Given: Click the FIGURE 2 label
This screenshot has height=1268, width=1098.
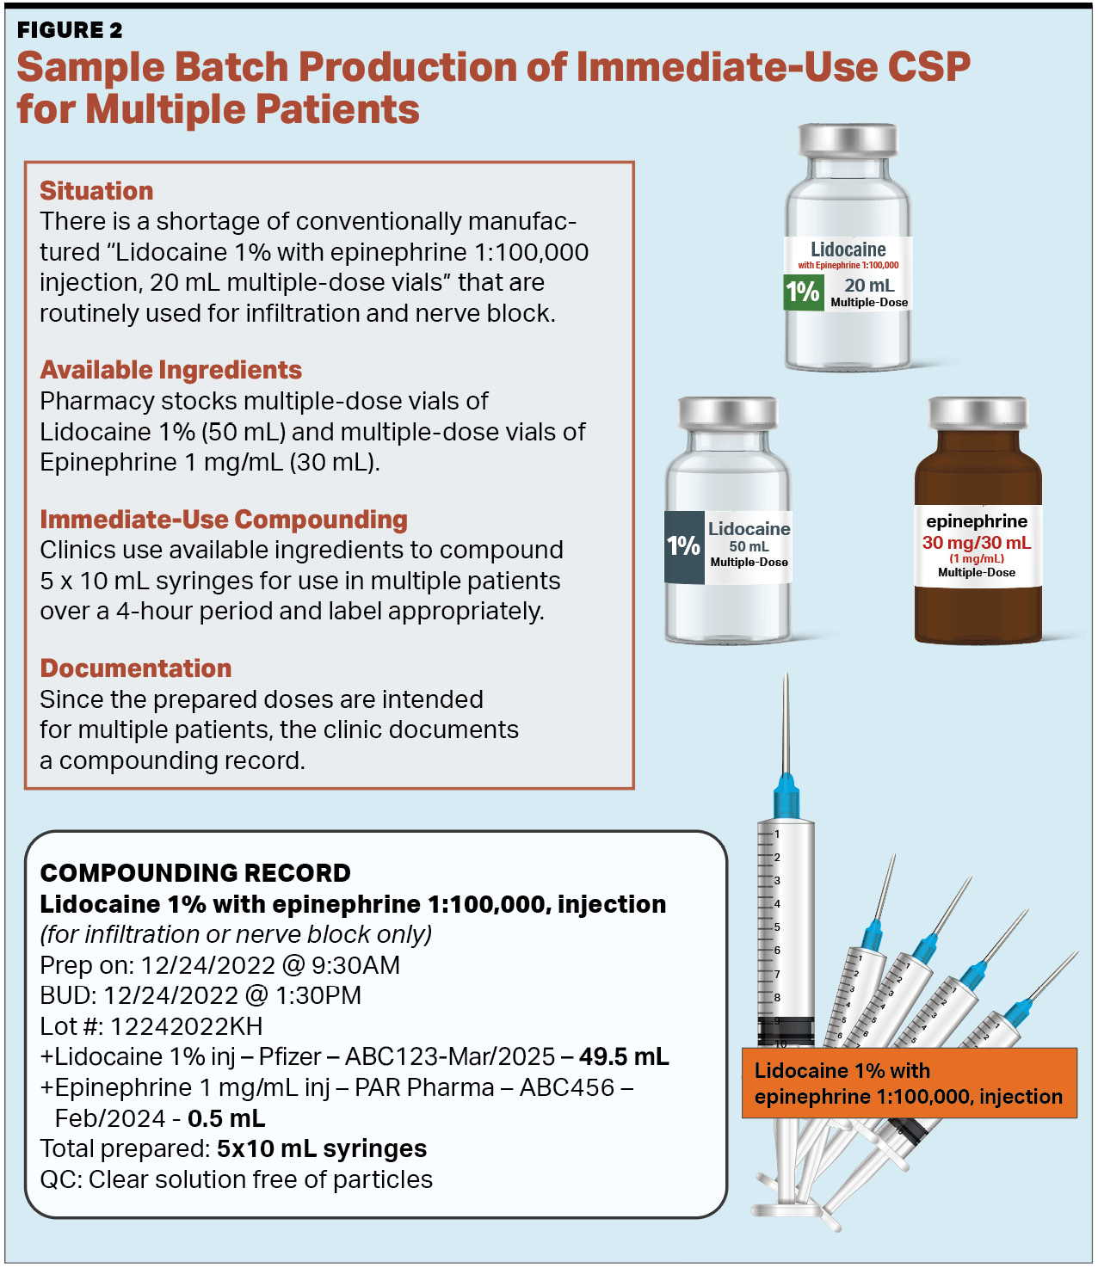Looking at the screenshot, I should coord(70,30).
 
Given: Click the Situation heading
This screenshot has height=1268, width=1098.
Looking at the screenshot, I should coord(96,190).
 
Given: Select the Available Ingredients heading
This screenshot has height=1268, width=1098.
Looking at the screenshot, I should coord(170,370).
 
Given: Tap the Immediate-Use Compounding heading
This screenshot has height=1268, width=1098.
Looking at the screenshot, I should coord(224,520).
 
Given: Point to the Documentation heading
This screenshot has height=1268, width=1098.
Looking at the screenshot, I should coord(135,668).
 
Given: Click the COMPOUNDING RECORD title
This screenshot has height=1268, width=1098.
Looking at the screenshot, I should coord(195,872).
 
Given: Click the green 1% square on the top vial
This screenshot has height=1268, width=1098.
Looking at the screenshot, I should coord(802,292).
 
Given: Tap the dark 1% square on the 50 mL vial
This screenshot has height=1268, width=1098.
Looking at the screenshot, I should coord(684,546).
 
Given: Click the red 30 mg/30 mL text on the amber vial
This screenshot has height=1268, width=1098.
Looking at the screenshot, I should coord(976,543).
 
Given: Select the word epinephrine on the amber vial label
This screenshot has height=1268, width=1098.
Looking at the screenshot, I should coord(976,521).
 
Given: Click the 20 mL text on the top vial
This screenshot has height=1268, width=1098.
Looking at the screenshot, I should coord(869,286).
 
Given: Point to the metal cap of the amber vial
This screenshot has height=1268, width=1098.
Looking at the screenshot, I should coord(977,413).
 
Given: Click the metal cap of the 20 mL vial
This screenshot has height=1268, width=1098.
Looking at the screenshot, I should coord(848,140).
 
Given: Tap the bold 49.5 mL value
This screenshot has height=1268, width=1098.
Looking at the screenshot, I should coord(624,1056).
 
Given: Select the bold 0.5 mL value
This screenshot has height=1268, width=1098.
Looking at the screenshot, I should coord(226,1118).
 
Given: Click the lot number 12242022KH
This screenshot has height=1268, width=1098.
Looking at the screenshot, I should coord(186,1026).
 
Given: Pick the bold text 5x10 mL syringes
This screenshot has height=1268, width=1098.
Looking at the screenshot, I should coord(322,1149).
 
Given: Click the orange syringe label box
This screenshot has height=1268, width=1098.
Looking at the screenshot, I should coord(909,1083).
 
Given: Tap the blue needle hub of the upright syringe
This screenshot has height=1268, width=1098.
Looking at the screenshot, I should coord(786,796).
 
